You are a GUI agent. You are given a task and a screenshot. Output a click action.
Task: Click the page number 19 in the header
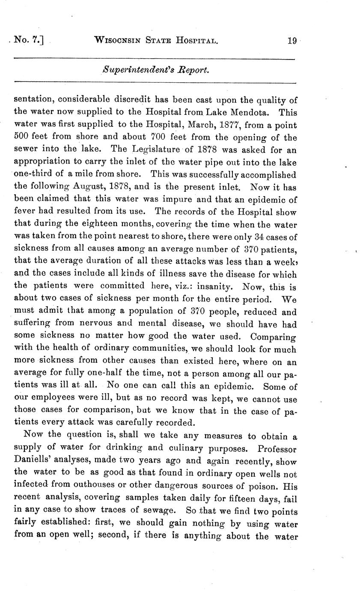pyautogui.click(x=292, y=41)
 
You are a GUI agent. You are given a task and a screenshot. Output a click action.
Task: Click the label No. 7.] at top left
pyautogui.click(x=29, y=41)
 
